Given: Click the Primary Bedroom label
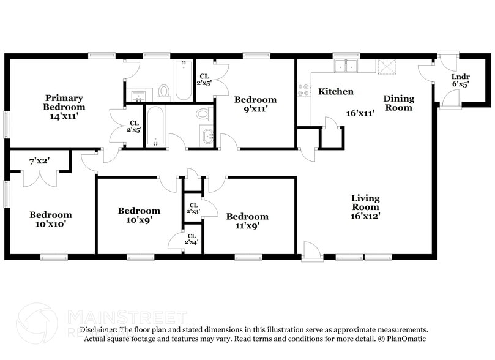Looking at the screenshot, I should tap(64, 102).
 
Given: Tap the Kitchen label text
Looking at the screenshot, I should tap(335, 92).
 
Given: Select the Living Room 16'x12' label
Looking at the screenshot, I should tap(365, 207).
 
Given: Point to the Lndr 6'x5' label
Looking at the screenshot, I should tap(460, 81).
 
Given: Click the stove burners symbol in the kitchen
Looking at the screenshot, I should tap(303, 91).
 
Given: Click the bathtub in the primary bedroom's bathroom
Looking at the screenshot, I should tap(184, 81).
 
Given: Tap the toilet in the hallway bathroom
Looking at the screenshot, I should tap(203, 114).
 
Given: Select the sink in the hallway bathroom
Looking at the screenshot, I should tap(207, 135).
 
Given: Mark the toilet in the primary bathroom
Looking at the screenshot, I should tap(163, 92).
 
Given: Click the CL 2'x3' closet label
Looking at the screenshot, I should tap(193, 208).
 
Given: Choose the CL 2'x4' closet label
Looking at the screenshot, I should tap(191, 239).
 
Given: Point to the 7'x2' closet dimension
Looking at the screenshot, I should tap(39, 161).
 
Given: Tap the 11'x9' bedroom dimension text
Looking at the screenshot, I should tap(247, 225).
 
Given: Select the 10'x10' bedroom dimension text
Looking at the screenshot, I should tap(51, 224).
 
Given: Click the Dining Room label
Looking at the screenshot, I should tap(398, 103).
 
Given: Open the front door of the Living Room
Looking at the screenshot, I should tap(310, 251).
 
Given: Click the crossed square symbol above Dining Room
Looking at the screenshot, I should tap(386, 66).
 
